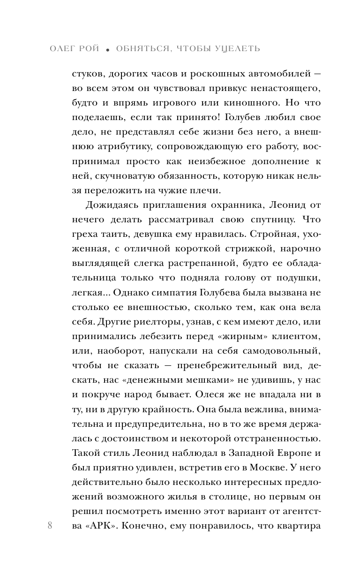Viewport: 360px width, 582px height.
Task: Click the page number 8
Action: [x=50, y=526]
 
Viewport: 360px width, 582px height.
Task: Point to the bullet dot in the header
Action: [x=107, y=50]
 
